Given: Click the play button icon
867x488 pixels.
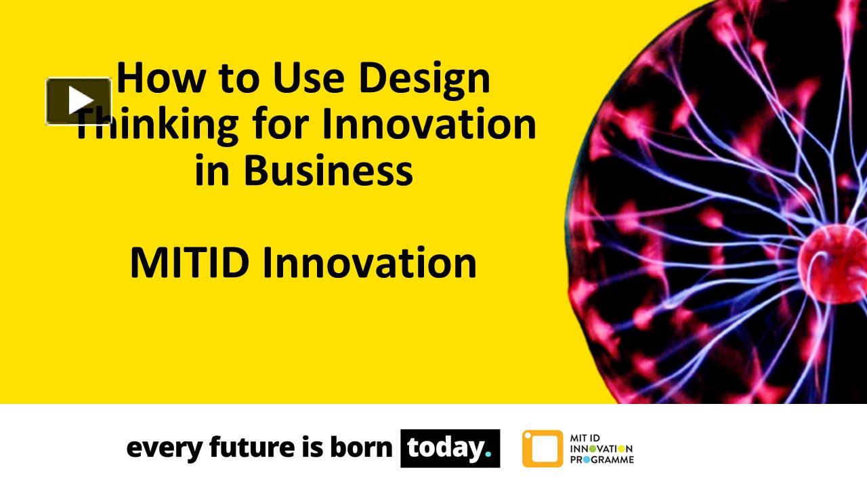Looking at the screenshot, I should [x=79, y=101].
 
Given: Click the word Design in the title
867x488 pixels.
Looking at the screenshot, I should [x=424, y=78].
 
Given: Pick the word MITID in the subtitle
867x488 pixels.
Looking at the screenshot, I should [x=189, y=263].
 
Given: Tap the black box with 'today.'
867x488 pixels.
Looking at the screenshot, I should [x=450, y=448].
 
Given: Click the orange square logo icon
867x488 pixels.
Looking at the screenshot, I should [x=542, y=448].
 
